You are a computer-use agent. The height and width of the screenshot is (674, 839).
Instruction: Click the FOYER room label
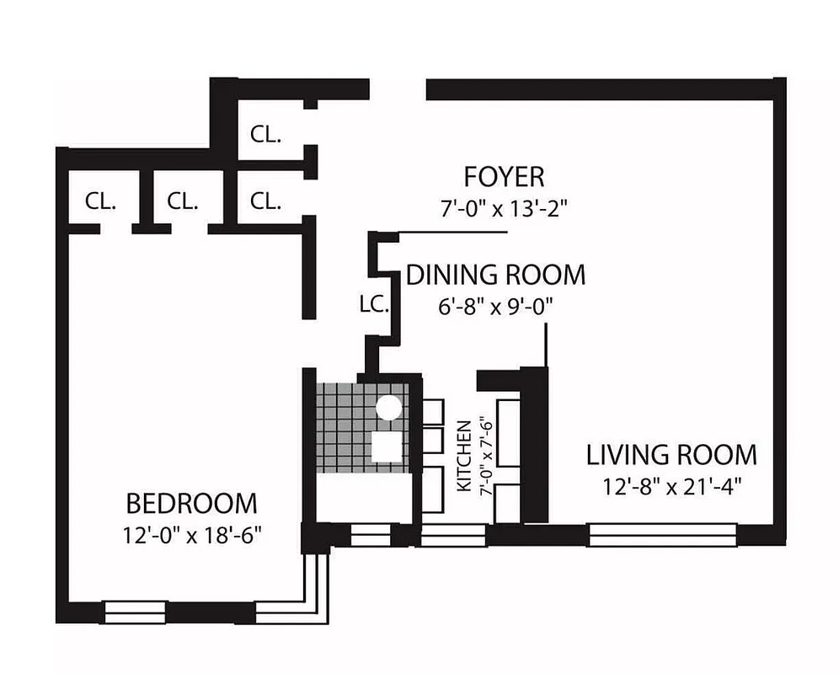[x=504, y=177]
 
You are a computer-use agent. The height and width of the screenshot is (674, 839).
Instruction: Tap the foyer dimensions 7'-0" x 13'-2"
[x=504, y=209]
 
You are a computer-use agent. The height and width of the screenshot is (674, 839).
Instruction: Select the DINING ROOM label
[x=495, y=275]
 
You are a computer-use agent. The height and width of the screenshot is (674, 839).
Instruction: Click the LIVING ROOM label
[x=671, y=455]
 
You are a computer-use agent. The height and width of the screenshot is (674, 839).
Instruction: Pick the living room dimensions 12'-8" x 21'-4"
[x=671, y=486]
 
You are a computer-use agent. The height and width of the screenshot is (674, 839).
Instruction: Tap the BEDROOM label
[x=191, y=504]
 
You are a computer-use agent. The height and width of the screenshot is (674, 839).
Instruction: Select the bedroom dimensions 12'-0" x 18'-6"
[x=191, y=535]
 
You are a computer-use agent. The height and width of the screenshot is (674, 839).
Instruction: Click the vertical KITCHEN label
[x=463, y=457]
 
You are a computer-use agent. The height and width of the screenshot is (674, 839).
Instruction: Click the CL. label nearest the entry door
[x=265, y=134]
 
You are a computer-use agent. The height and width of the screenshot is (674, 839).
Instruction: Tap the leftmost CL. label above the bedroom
[x=100, y=201]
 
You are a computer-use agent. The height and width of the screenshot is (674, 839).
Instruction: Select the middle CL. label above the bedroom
[x=182, y=201]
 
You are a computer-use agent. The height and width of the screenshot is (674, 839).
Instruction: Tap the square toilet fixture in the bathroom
[x=387, y=444]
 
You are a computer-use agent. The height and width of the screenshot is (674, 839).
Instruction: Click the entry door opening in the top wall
[x=398, y=88]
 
